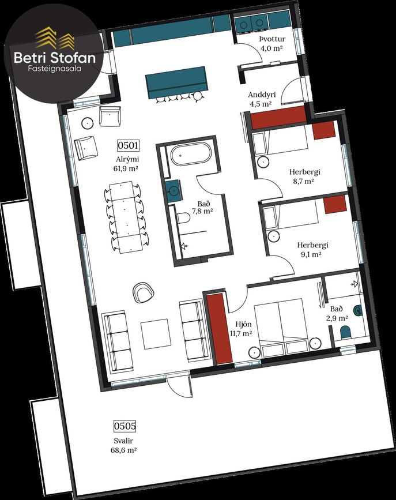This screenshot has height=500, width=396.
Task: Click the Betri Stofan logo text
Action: tap(55, 58)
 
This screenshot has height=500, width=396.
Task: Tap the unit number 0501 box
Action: tap(128, 145)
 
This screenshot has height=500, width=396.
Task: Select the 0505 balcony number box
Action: tap(125, 426)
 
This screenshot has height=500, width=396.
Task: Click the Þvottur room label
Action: tap(272, 39)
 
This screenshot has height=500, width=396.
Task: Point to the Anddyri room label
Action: tap(262, 95)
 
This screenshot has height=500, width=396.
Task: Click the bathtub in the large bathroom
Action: tap(191, 154)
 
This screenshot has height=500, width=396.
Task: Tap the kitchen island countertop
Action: tap(176, 82)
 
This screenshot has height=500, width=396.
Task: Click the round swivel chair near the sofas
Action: tap(144, 292)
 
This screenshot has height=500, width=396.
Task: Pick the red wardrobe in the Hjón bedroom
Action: tap(218, 329)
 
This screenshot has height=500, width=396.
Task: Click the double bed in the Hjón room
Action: tap(282, 327)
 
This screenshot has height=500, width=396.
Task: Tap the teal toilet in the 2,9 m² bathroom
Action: tap(345, 332)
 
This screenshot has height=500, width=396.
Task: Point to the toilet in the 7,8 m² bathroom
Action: tap(183, 218)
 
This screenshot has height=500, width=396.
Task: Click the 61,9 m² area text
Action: tap(126, 169)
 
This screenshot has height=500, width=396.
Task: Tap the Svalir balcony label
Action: tap(123, 441)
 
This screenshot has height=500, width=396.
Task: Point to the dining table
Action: tap(127, 217)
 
